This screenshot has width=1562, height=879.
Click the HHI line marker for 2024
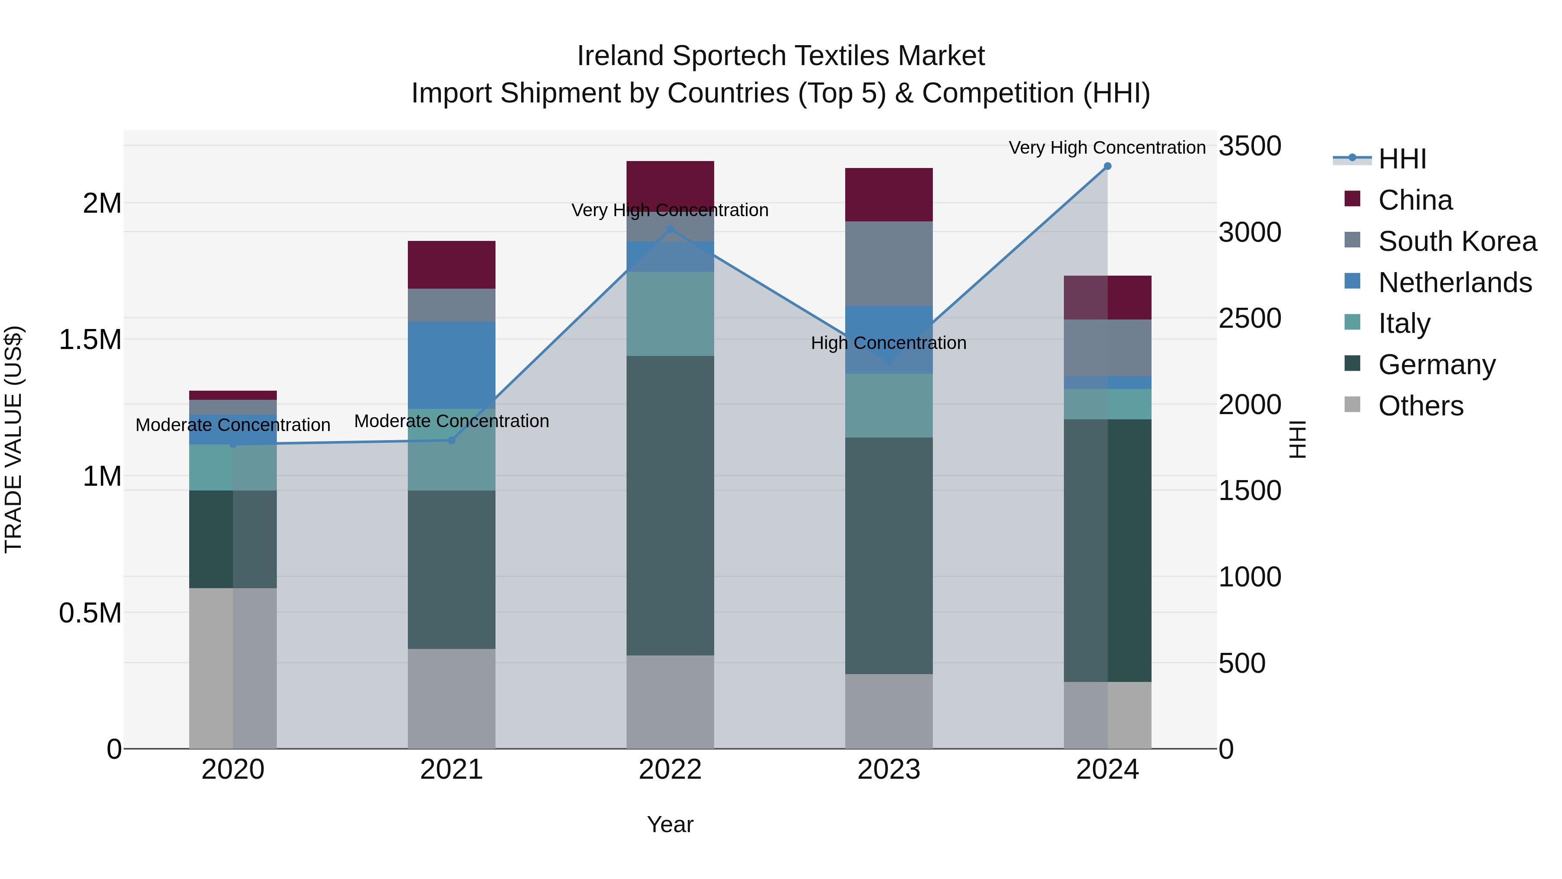click(x=1107, y=166)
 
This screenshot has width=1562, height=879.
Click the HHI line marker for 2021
click(x=451, y=441)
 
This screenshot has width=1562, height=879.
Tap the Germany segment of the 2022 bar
click(x=670, y=505)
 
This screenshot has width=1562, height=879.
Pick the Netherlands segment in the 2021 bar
click(x=451, y=365)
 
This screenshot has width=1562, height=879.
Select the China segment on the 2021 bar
click(x=451, y=264)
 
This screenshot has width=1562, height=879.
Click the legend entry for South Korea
click(x=1457, y=241)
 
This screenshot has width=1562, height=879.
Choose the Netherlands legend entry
click(x=1455, y=283)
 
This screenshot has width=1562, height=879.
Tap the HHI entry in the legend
click(x=1402, y=159)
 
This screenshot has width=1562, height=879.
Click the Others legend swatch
click(x=1352, y=405)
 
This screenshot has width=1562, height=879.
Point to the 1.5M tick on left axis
click(x=90, y=340)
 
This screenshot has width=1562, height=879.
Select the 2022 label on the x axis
click(x=670, y=770)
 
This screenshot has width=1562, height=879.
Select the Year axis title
click(x=670, y=824)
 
